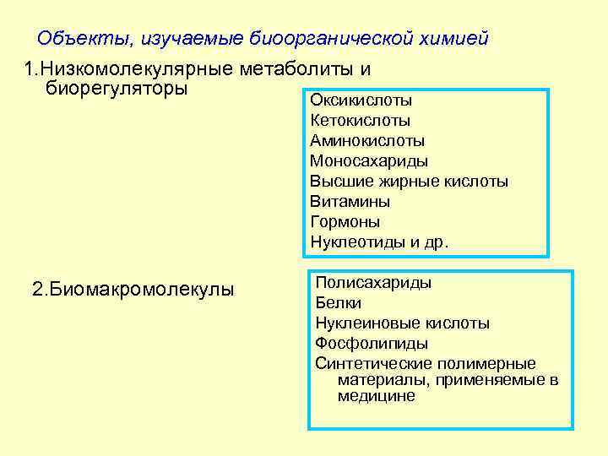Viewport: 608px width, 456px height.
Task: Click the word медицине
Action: [x=377, y=395]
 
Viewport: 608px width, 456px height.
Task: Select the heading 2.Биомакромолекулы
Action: [x=133, y=290]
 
